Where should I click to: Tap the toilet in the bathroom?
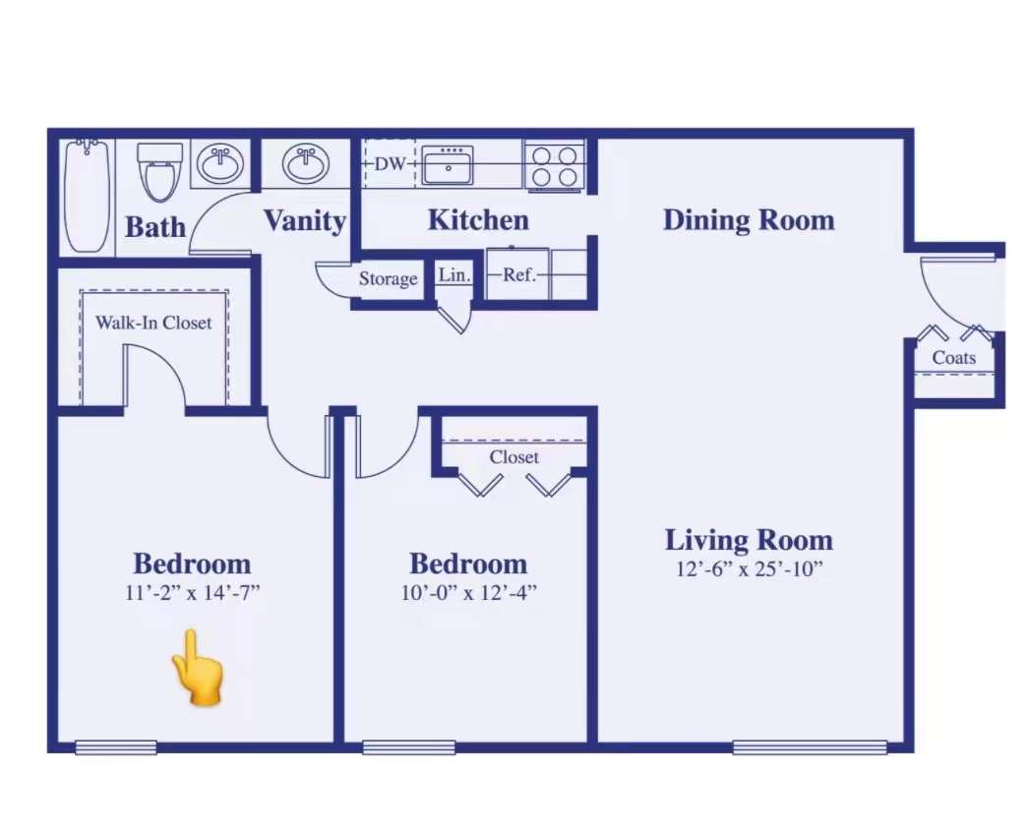(159, 172)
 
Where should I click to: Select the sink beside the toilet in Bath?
(220, 163)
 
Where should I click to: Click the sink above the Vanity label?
(305, 163)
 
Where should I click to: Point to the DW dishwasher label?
(391, 163)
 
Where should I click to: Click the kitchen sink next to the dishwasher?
(448, 165)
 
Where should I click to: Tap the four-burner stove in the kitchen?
(554, 165)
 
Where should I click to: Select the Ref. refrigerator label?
(518, 275)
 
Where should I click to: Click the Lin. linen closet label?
(454, 275)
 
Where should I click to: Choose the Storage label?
(388, 279)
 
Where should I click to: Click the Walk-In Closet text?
(153, 323)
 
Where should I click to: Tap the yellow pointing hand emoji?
(197, 669)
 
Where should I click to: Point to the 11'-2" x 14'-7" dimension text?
(193, 592)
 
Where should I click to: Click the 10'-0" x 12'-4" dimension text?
(468, 592)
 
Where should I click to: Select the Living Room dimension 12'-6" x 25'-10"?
(749, 568)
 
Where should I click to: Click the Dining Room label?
(749, 220)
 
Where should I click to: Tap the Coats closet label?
(953, 357)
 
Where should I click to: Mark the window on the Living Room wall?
(810, 746)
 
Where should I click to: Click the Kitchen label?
(478, 220)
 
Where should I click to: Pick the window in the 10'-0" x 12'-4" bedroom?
(408, 746)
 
